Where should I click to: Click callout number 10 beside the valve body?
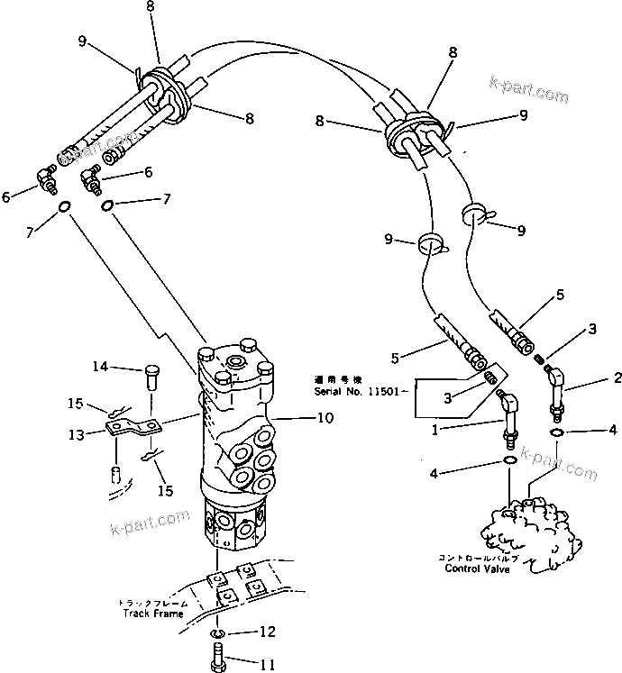[x=300, y=417]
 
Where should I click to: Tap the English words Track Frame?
[x=153, y=614]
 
